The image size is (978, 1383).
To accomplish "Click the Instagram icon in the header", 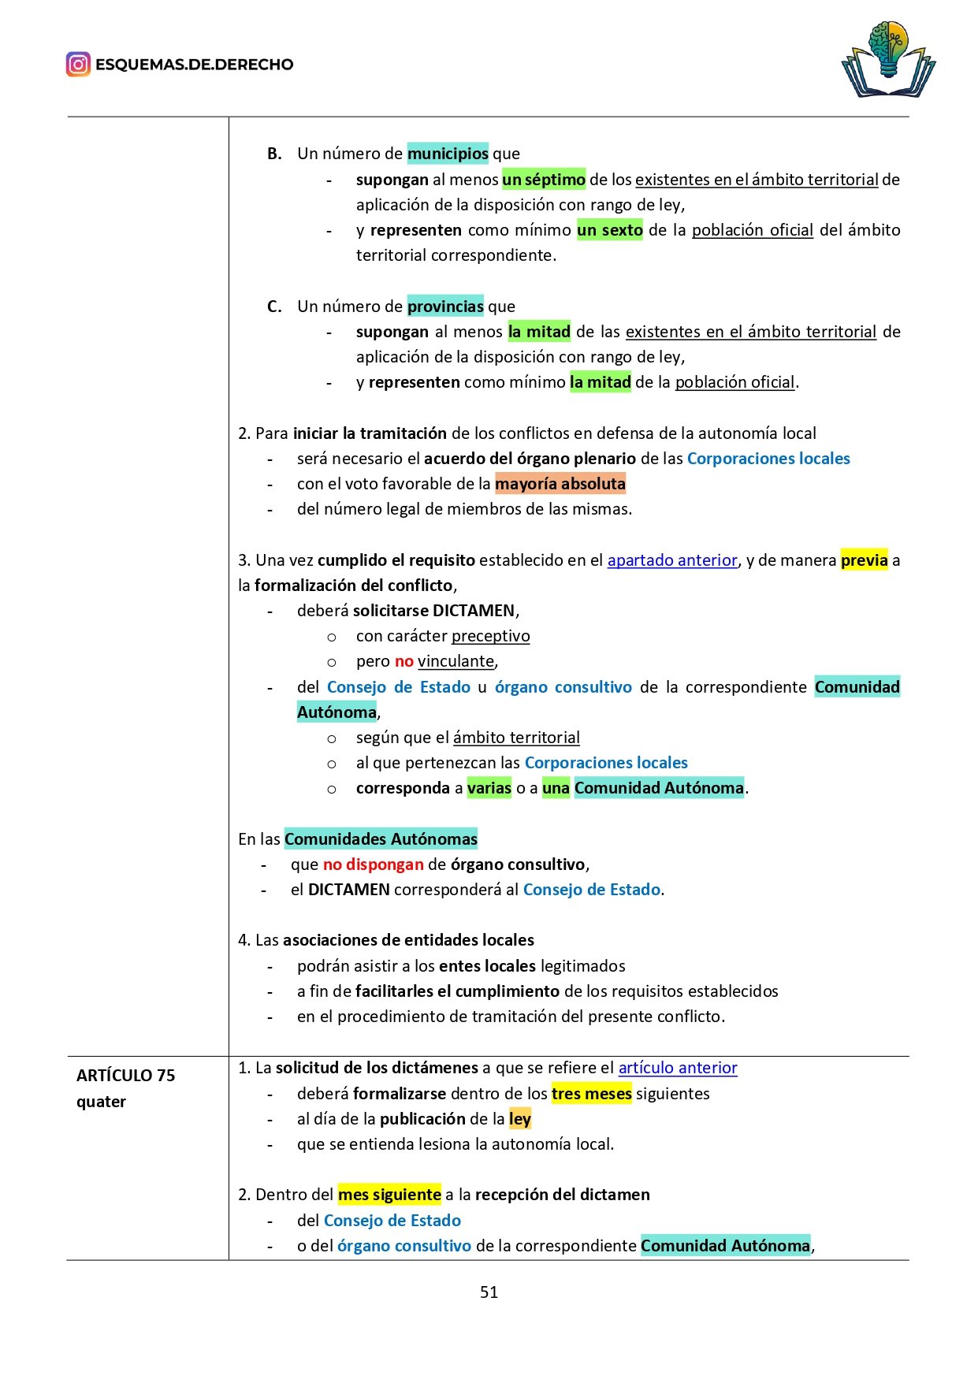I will (78, 64).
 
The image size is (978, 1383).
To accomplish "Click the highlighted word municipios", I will (448, 154).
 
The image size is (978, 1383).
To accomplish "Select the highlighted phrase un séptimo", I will (544, 180).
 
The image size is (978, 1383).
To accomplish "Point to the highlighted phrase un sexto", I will (610, 230).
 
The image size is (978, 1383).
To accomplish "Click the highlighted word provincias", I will (445, 307).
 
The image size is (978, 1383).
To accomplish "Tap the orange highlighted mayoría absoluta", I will (560, 484).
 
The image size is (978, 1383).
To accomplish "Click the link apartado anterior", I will (672, 560).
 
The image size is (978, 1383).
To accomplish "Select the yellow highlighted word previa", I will (864, 560).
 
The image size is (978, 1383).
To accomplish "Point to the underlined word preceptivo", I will (491, 636).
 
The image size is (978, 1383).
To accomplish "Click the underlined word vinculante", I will (456, 661).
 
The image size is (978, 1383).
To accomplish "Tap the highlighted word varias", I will (489, 788).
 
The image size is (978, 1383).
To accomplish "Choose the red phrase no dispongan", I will (374, 864).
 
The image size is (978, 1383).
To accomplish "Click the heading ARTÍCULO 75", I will (126, 1076).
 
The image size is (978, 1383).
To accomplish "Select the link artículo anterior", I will (678, 1068).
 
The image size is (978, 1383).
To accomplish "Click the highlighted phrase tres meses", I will (592, 1094).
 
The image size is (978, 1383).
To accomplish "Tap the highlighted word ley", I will (520, 1119).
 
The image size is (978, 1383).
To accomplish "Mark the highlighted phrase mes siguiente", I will (389, 1195).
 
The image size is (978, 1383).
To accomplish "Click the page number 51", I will (489, 1292).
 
